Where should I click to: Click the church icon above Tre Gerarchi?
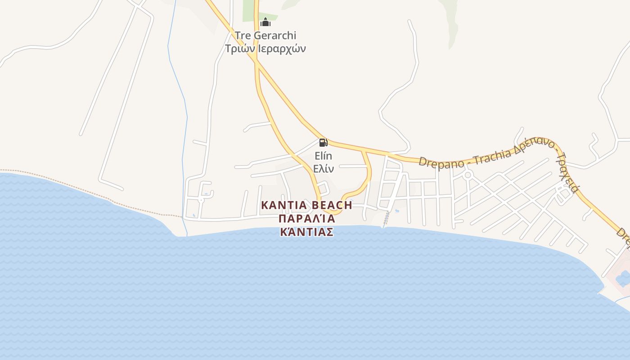coord(265,22)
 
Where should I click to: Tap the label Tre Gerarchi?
coord(265,35)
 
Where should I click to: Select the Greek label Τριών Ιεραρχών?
coord(265,48)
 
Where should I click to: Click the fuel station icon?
coord(323,143)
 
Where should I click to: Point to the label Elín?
coord(323,156)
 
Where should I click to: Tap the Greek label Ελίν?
coord(323,169)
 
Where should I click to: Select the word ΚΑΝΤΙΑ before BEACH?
coord(283,206)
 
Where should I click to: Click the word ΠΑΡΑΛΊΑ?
coord(307,219)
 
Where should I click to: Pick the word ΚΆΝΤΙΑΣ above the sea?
coord(307,232)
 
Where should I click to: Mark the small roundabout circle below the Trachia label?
coord(468,175)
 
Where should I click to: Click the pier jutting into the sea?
coord(385,220)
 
